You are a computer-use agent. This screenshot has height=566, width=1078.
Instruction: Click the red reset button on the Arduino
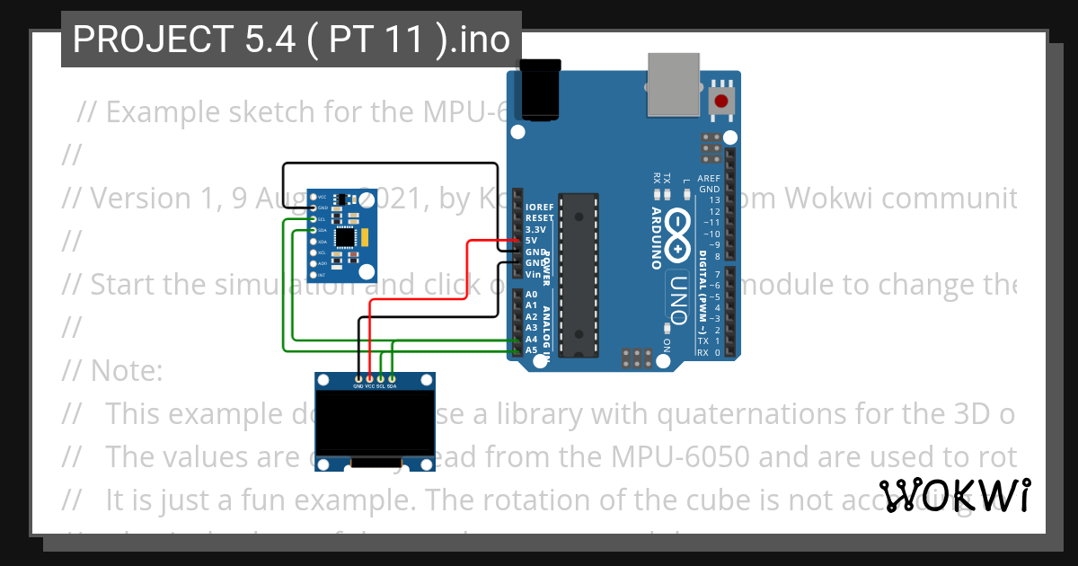[x=720, y=101]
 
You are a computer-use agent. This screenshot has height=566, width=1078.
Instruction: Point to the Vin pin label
[x=532, y=274]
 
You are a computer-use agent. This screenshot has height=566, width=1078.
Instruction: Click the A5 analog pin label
[x=531, y=349]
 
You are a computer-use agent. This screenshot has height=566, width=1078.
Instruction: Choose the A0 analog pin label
[x=531, y=295]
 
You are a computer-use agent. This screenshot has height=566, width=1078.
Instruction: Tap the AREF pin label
[x=709, y=179]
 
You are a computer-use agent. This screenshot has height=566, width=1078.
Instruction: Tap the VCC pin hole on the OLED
[x=370, y=378]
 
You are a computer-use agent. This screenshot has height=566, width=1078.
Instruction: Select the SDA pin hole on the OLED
[x=392, y=378]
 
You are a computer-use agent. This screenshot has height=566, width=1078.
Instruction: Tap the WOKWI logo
[x=955, y=496]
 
